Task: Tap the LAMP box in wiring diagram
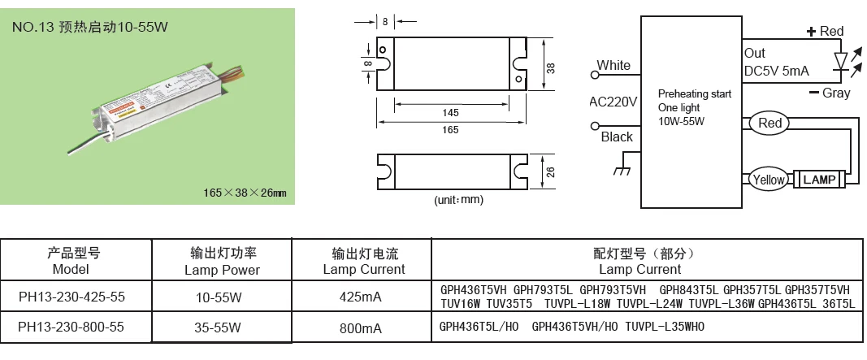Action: pos(819,180)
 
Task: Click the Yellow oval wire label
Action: pos(768,180)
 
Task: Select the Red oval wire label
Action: pos(769,124)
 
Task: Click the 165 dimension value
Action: pos(450,129)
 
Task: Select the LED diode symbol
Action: pos(841,61)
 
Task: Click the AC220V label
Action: pos(613,102)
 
